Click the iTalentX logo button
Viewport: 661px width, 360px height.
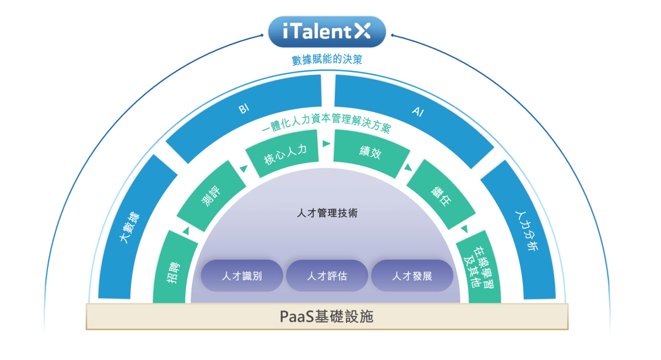coord(327,32)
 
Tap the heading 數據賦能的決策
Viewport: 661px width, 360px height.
coord(327,59)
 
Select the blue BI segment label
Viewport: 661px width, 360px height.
coord(244,108)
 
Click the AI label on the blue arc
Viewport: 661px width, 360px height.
coord(418,111)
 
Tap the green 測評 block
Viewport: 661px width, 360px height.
coord(212,196)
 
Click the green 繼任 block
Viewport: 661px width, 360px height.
coord(441,195)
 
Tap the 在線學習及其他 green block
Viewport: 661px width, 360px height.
coord(479,267)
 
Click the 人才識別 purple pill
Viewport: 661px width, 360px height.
coord(242,276)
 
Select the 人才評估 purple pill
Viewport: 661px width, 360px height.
coord(327,276)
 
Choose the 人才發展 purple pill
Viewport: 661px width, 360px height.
coord(412,276)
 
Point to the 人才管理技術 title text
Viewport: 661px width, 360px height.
coord(327,213)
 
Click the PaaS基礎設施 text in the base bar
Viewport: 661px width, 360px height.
coord(326,317)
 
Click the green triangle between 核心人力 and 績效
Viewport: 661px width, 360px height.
coord(326,144)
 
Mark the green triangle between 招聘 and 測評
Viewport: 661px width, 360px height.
coord(186,231)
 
